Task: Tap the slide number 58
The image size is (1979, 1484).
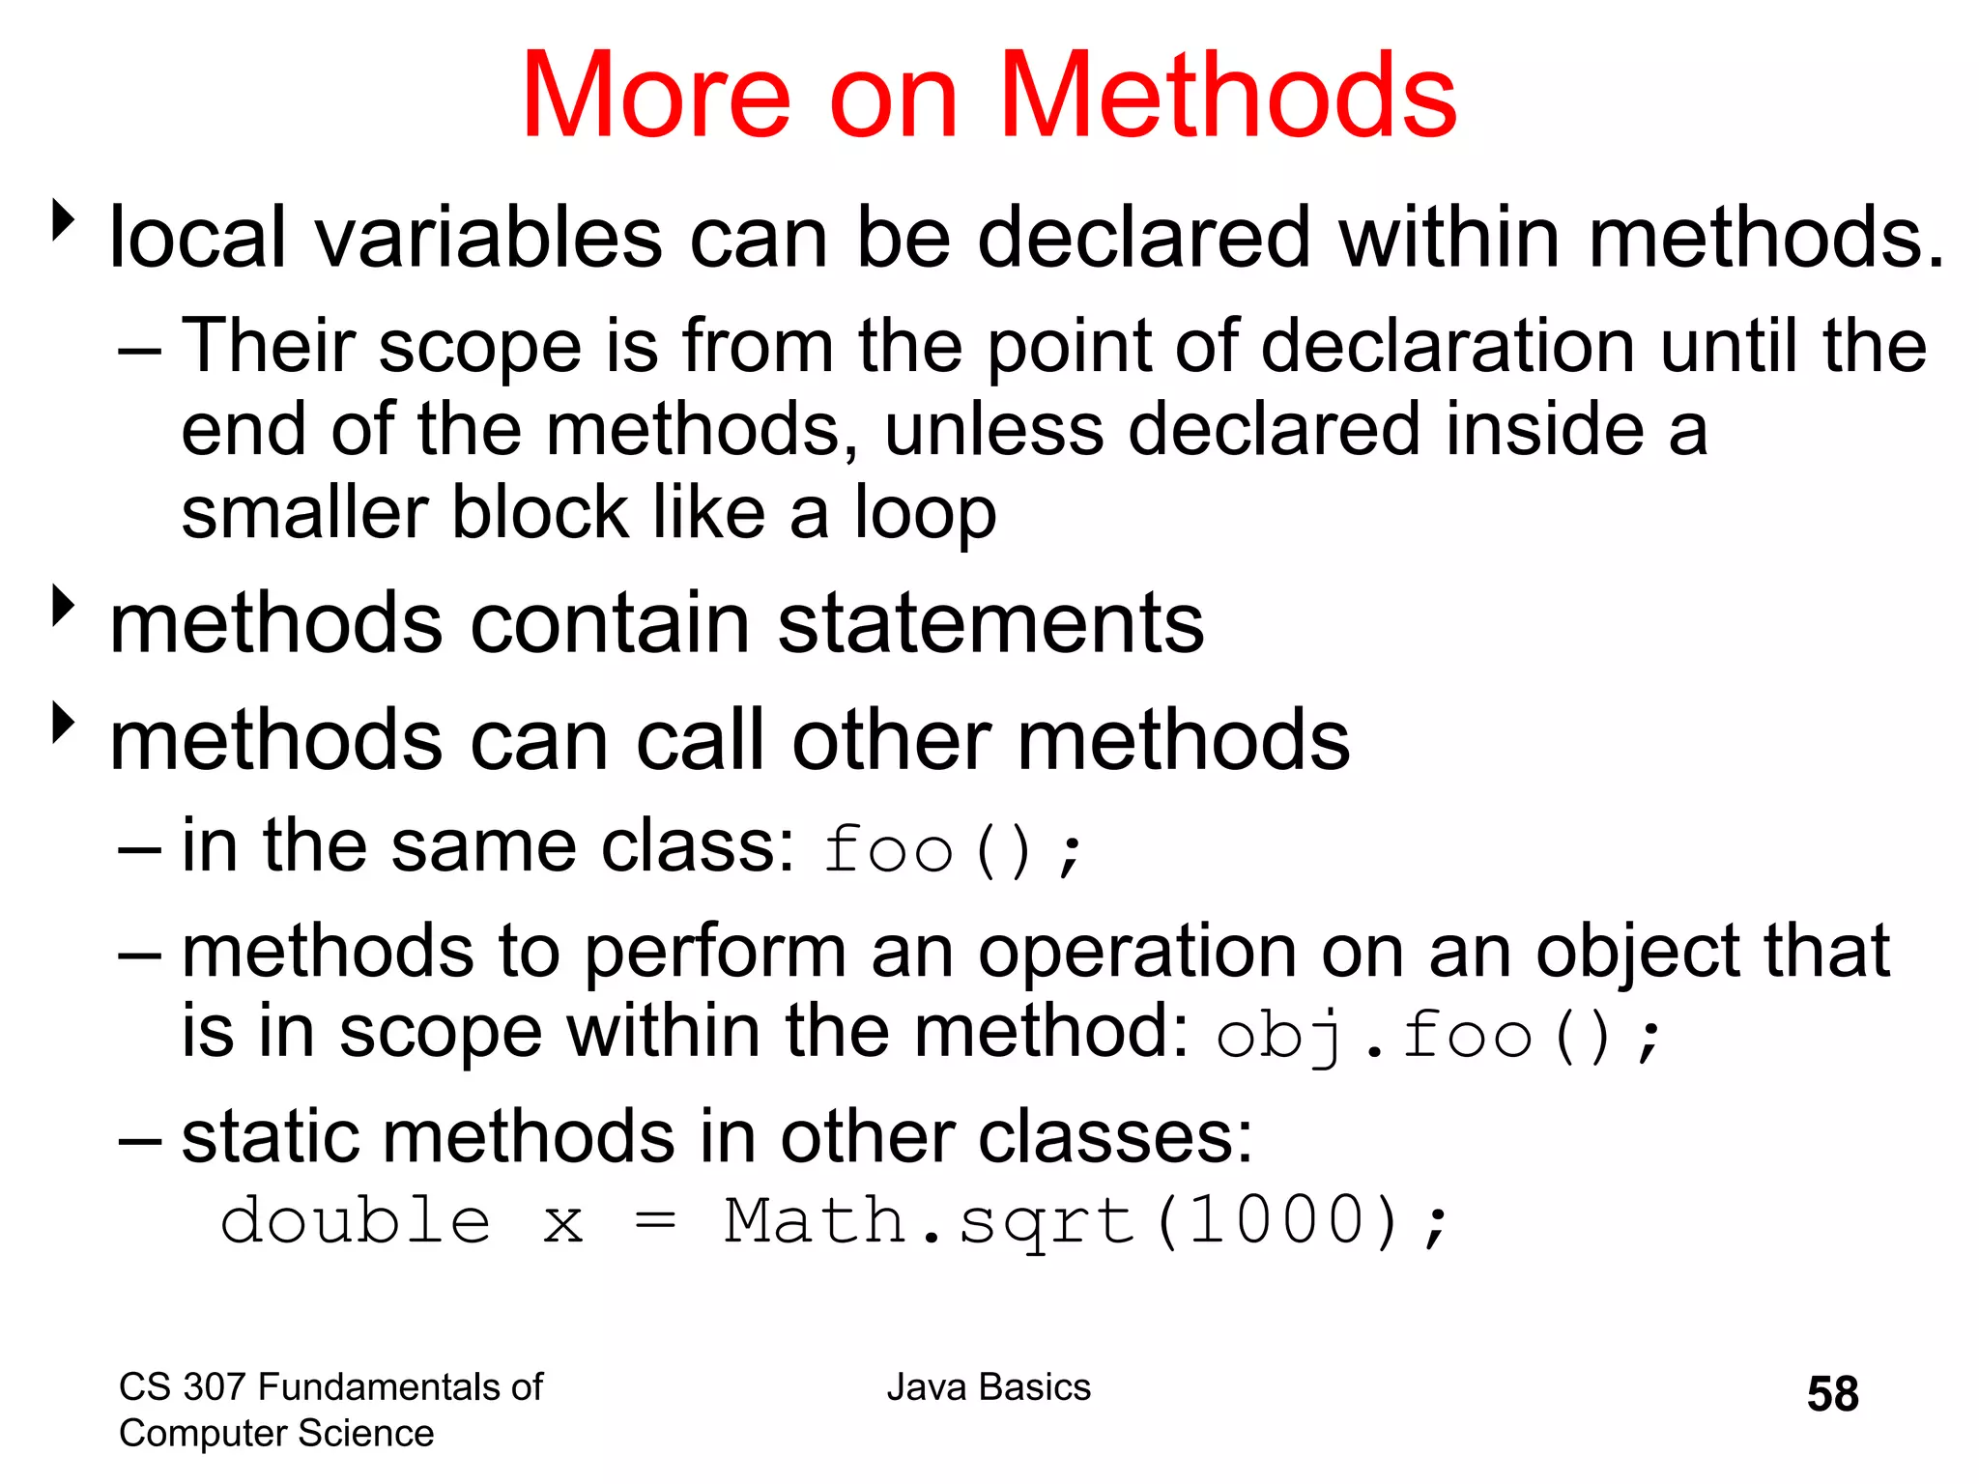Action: click(x=1832, y=1394)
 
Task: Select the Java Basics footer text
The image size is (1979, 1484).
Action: click(x=989, y=1387)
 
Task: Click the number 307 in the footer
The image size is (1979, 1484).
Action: click(x=213, y=1387)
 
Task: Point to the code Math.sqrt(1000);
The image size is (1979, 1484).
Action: click(x=1086, y=1222)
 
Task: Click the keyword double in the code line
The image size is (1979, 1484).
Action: click(x=355, y=1220)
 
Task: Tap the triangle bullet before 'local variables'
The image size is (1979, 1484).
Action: click(x=64, y=221)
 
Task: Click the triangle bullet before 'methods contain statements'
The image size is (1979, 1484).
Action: click(x=64, y=607)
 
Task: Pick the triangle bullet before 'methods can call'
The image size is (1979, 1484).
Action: click(x=64, y=723)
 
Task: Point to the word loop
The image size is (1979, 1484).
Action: click(x=925, y=515)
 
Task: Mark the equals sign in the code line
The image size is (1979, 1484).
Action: click(x=655, y=1222)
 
